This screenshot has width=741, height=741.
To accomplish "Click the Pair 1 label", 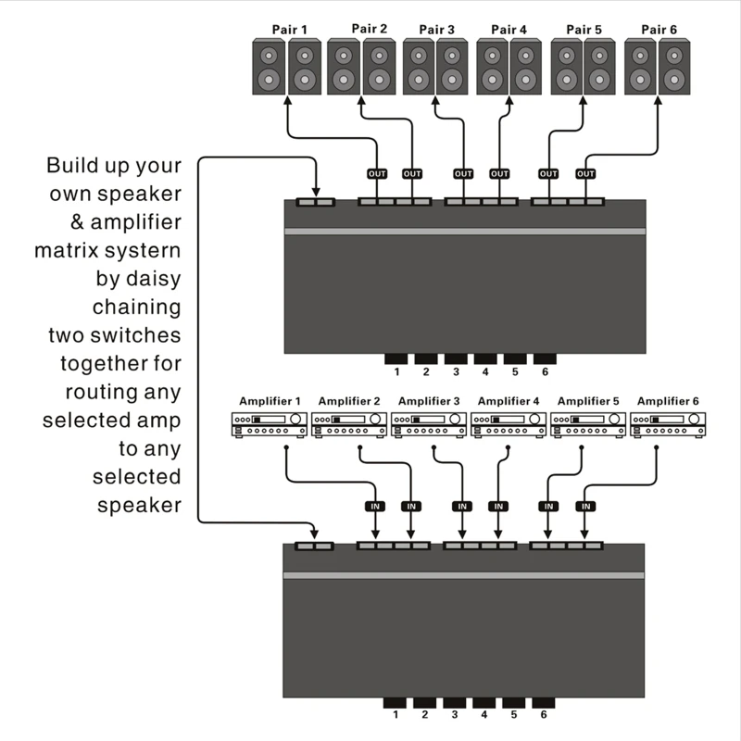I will point(287,30).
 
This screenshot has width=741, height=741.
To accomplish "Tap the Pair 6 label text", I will point(658,30).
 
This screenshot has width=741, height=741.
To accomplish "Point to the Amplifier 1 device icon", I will point(269,425).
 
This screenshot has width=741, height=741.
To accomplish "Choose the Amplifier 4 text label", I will point(506,401).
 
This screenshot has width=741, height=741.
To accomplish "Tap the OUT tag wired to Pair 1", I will point(376,173).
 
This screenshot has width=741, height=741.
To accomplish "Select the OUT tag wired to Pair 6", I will point(585,173).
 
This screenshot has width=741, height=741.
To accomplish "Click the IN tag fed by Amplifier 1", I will point(374,507).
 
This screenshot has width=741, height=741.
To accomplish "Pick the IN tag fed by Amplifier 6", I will point(584,507).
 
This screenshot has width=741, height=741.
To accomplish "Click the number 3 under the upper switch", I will point(456,372).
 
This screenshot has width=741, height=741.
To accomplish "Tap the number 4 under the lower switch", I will point(484,715).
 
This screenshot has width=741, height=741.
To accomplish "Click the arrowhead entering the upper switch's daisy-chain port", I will point(317,193).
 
